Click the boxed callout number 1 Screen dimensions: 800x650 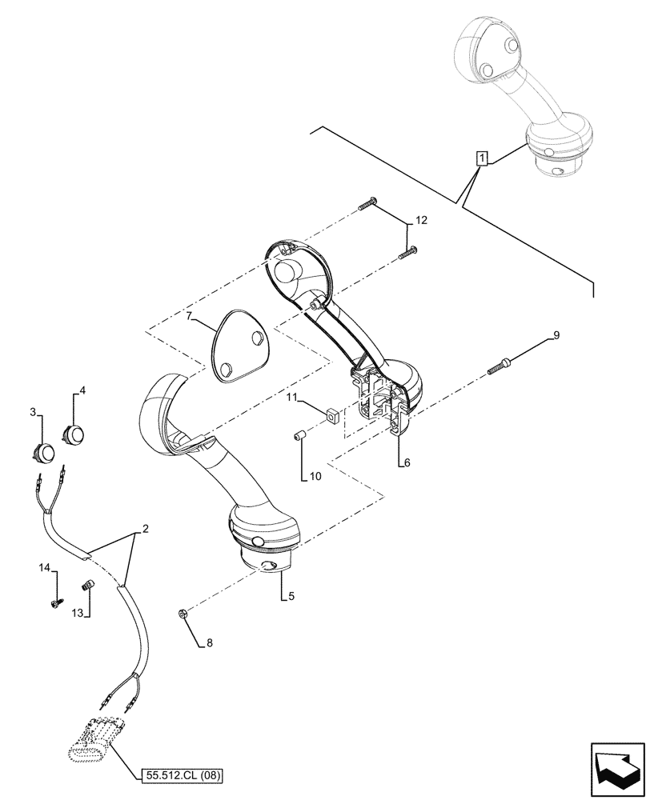(x=480, y=158)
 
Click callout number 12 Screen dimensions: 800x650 (x=421, y=220)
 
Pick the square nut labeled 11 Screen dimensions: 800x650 (x=330, y=414)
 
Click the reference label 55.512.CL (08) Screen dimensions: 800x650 (x=181, y=775)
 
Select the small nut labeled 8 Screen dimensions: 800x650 (x=183, y=614)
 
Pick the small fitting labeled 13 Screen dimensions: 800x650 (x=88, y=587)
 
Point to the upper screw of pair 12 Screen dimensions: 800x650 (x=367, y=206)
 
